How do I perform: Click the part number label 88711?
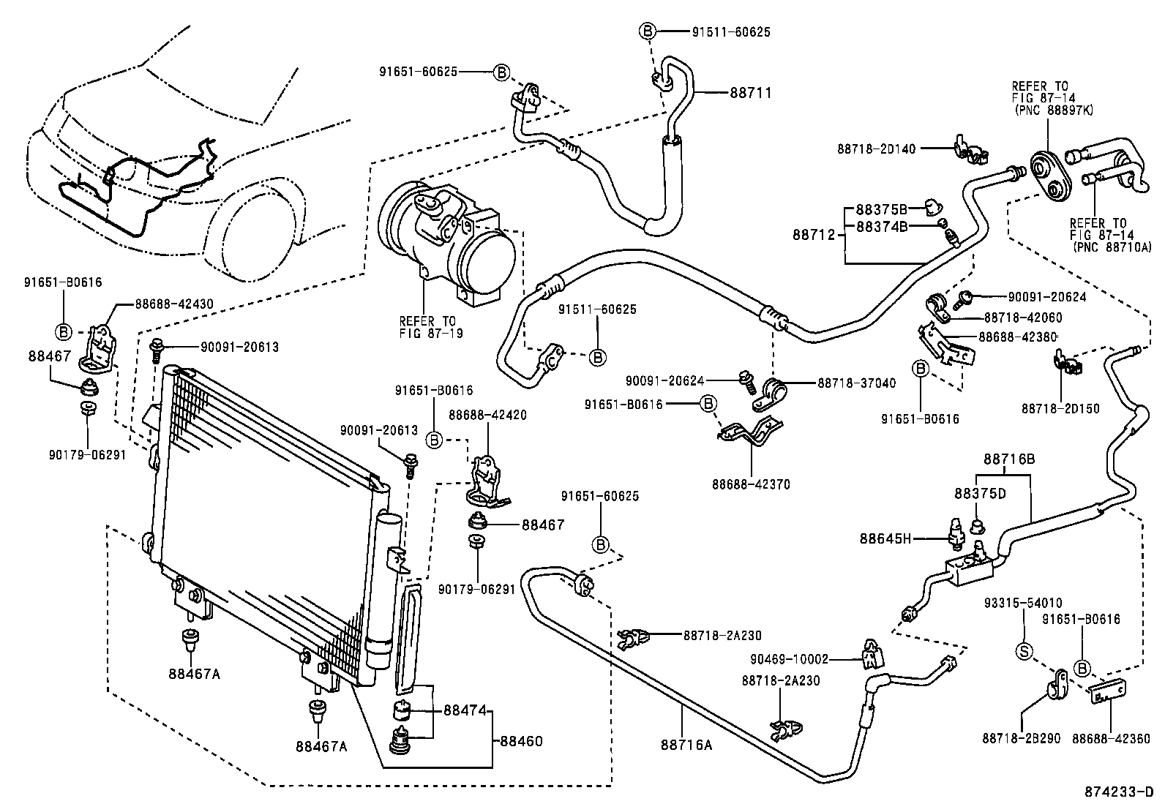(x=750, y=93)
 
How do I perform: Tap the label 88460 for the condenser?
(x=522, y=741)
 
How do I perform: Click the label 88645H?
(x=885, y=539)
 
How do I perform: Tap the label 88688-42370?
(x=751, y=484)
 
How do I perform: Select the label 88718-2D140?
(x=877, y=149)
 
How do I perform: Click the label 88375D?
(x=980, y=493)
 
